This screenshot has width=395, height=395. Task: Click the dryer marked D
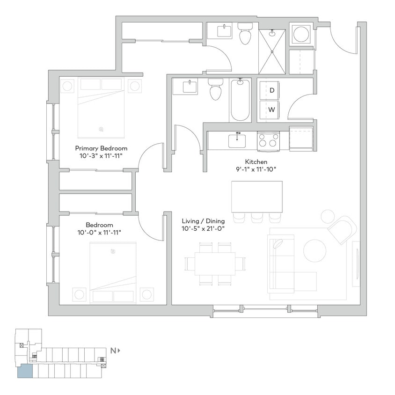pos(272,90)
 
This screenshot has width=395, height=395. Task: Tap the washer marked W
pos(272,110)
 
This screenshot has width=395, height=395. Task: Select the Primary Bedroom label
pos(101,148)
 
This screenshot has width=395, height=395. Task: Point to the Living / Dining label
pos(203,221)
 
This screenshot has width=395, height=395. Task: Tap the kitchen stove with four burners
pos(268,141)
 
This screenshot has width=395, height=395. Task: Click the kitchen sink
pos(237,140)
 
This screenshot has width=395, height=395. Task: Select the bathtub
pos(240,100)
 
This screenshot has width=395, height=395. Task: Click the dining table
pos(214,263)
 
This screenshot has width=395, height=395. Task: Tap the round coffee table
pos(315,250)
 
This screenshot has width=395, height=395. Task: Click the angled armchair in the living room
pos(343,229)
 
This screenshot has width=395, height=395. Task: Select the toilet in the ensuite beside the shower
pos(244,34)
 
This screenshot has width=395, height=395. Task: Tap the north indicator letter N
pos(113,350)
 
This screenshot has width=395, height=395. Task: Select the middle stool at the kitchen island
pos(257,217)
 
